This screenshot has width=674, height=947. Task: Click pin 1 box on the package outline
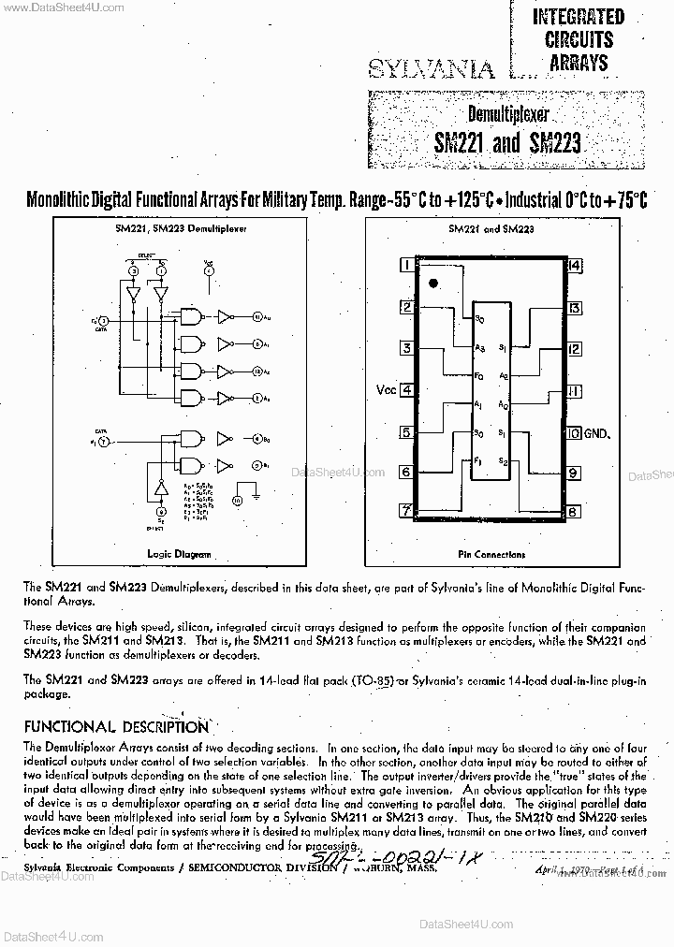[406, 265]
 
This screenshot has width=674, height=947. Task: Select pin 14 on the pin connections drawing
[574, 265]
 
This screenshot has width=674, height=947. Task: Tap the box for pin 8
[573, 512]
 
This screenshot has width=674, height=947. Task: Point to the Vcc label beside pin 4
[386, 390]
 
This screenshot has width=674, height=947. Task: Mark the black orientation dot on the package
[432, 282]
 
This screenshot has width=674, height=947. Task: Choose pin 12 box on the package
[574, 349]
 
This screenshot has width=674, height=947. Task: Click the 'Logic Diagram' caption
[180, 554]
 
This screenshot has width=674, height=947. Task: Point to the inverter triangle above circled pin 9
[160, 488]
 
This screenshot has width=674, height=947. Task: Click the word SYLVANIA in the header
[431, 67]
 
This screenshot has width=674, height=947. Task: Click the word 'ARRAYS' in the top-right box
[578, 63]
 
